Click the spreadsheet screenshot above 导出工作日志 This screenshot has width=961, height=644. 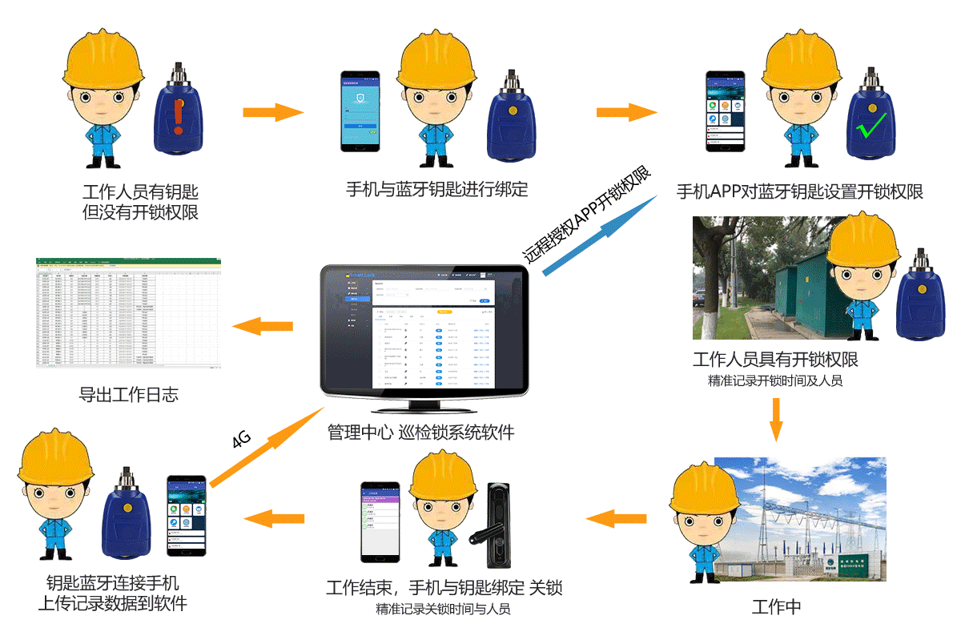(127, 312)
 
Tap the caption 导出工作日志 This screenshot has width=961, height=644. (128, 394)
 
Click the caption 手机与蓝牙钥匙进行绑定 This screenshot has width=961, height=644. (436, 190)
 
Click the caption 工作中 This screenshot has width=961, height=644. (776, 606)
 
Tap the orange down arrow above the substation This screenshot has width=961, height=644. (775, 419)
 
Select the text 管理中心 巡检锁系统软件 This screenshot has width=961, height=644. (420, 433)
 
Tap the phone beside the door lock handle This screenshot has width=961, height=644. (380, 521)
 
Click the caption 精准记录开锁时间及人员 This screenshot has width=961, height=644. (775, 381)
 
